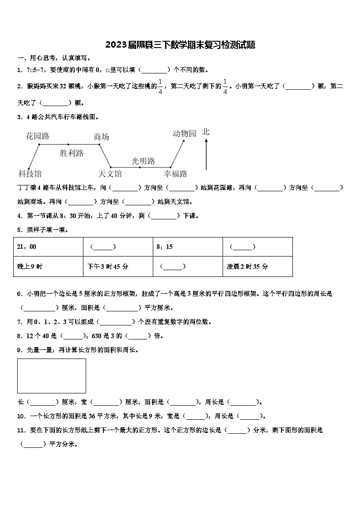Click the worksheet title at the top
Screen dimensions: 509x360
pos(180,45)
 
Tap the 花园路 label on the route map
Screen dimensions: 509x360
pos(38,136)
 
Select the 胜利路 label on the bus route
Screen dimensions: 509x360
pos(72,153)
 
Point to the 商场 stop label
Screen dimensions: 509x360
pos(101,136)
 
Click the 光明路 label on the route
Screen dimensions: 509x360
pos(143,161)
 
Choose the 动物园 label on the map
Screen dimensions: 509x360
pos(185,133)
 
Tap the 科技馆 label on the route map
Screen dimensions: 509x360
pos(30,174)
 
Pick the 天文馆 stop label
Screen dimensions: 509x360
pos(110,174)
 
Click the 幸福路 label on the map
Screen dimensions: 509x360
pos(175,174)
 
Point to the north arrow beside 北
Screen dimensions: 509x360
pos(206,154)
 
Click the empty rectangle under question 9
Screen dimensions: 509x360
pos(52,376)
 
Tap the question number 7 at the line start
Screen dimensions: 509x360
pos(19,322)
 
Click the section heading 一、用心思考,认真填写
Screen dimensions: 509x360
pos(54,58)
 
